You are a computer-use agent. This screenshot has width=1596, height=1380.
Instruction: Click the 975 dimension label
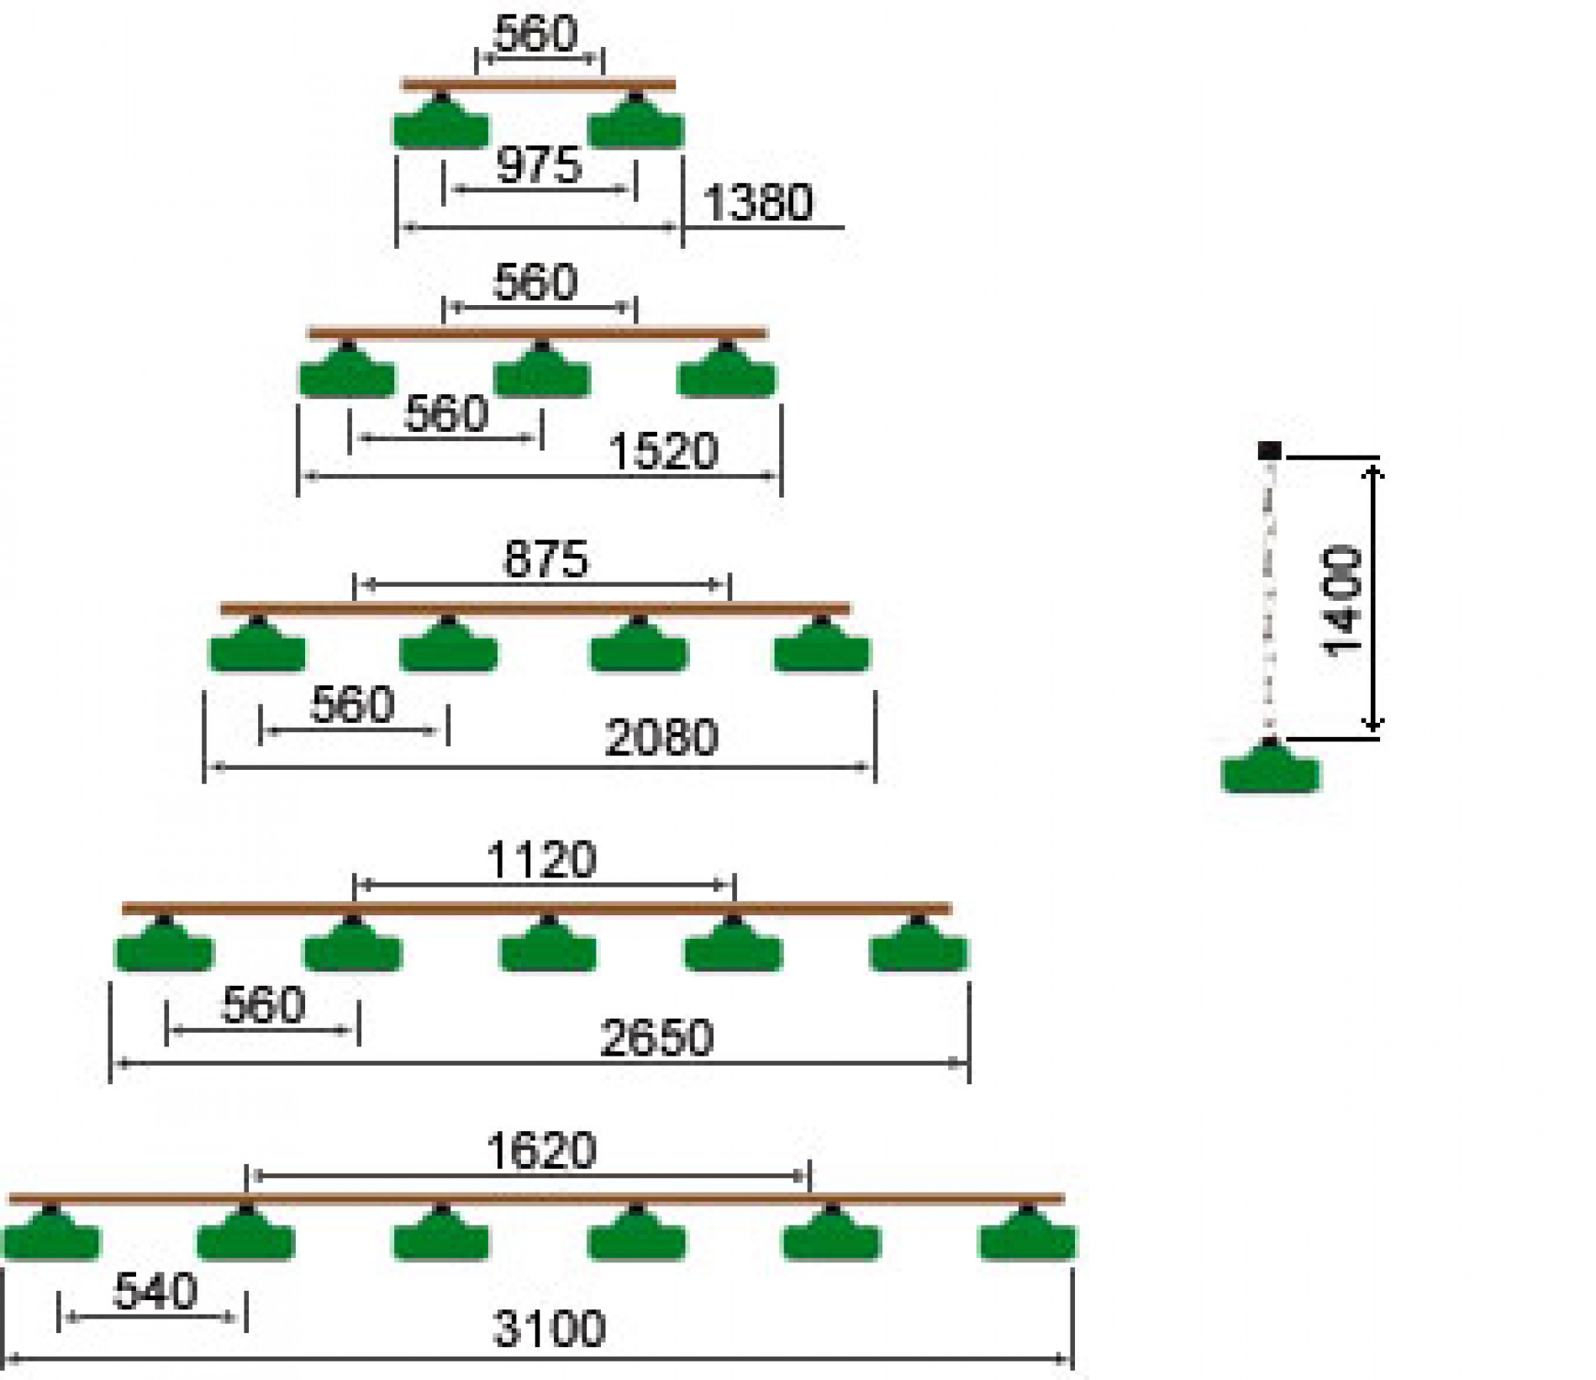click(539, 164)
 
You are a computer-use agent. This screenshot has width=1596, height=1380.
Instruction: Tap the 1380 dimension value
click(758, 203)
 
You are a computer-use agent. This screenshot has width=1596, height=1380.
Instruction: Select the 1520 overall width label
click(663, 451)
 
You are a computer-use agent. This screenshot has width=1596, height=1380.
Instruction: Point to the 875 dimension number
click(545, 559)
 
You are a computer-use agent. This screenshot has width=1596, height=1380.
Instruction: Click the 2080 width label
click(661, 737)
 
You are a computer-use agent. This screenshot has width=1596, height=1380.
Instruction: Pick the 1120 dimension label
click(542, 860)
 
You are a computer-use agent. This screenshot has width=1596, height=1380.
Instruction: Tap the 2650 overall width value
click(657, 1037)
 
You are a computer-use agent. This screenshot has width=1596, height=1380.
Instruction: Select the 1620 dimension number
click(542, 1151)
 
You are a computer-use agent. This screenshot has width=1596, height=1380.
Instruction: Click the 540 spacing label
click(155, 1291)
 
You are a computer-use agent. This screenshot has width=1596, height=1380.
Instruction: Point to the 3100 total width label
click(549, 1329)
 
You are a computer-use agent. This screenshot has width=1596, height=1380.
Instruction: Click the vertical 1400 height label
click(1341, 600)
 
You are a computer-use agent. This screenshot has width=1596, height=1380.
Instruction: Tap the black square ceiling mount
click(1269, 450)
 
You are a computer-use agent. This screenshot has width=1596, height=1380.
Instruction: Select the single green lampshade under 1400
click(1270, 766)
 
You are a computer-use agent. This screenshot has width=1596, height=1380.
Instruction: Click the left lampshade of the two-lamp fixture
click(441, 123)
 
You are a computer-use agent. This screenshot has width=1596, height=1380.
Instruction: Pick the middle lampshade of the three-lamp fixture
click(542, 370)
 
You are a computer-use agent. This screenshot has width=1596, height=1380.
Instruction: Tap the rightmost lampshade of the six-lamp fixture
click(1027, 1233)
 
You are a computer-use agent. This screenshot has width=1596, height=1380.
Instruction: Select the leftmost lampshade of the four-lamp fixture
click(257, 645)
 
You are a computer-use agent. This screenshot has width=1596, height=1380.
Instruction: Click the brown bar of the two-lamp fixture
click(539, 84)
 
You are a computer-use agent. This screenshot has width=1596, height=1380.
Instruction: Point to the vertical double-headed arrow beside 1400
click(1372, 598)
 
